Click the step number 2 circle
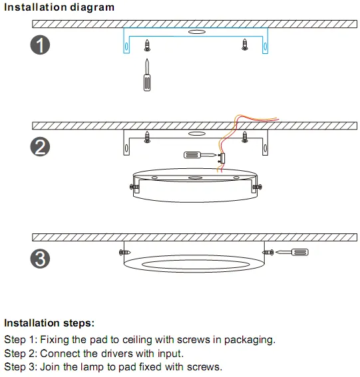click(40, 146)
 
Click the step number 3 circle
click(40, 259)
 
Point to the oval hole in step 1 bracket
click(196, 31)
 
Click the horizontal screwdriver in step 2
click(197, 155)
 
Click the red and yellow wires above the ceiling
click(256, 119)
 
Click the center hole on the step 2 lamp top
click(194, 178)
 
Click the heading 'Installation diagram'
click(60, 7)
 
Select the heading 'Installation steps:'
click(49, 323)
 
